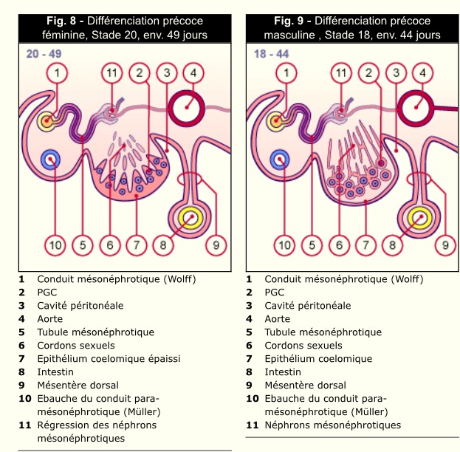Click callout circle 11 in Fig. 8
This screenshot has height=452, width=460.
tap(111, 72)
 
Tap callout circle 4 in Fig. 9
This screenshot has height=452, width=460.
tap(423, 72)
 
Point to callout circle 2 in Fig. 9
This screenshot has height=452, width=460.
tap(368, 72)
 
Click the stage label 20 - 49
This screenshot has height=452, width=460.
tap(43, 54)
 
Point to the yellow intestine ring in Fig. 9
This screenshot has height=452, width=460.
tap(419, 217)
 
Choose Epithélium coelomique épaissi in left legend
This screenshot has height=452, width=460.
tap(109, 359)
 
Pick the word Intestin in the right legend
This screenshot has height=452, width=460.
tap(283, 372)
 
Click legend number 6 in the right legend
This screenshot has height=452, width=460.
tap(249, 346)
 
